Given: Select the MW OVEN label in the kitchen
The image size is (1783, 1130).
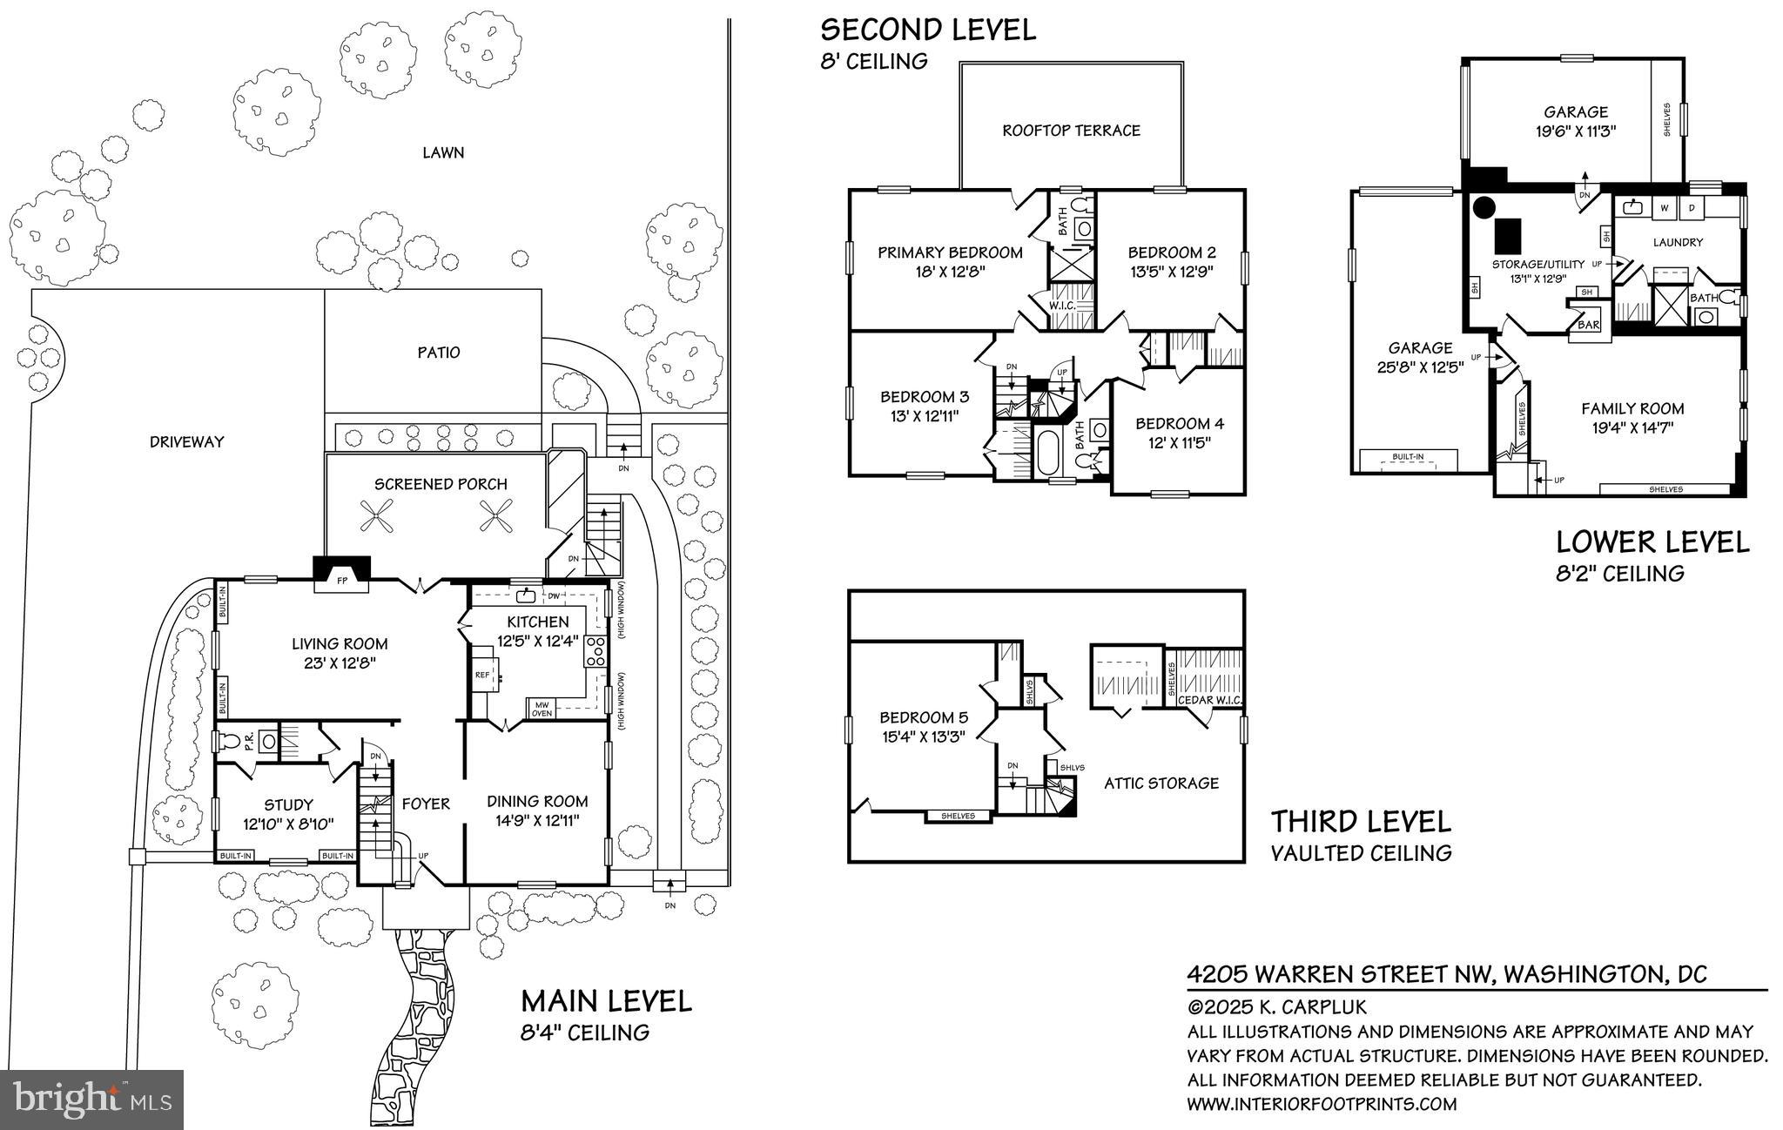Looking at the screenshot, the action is click(542, 710).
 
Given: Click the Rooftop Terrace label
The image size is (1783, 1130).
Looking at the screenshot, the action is click(1071, 131).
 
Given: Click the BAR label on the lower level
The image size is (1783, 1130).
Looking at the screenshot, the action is click(1589, 325).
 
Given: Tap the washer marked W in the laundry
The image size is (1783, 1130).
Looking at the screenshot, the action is click(1664, 208).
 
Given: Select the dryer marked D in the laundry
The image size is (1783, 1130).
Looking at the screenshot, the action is click(1692, 208).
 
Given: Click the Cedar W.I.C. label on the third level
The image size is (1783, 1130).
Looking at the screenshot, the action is click(1209, 701).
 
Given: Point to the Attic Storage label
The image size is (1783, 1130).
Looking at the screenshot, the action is click(1161, 784).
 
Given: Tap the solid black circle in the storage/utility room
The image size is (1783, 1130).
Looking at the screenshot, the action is click(1484, 208).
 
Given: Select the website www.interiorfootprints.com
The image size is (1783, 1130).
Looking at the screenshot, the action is click(1322, 1104).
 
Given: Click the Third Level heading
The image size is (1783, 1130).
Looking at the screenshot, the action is click(1361, 821).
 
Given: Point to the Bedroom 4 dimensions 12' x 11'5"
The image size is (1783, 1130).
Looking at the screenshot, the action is click(1179, 442).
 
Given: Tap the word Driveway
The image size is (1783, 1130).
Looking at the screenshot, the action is click(186, 442).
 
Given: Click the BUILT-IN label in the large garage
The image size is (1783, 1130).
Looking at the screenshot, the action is click(1408, 456).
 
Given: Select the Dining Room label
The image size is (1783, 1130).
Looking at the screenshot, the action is click(537, 801).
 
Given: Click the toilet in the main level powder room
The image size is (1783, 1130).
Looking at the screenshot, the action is click(229, 742).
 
